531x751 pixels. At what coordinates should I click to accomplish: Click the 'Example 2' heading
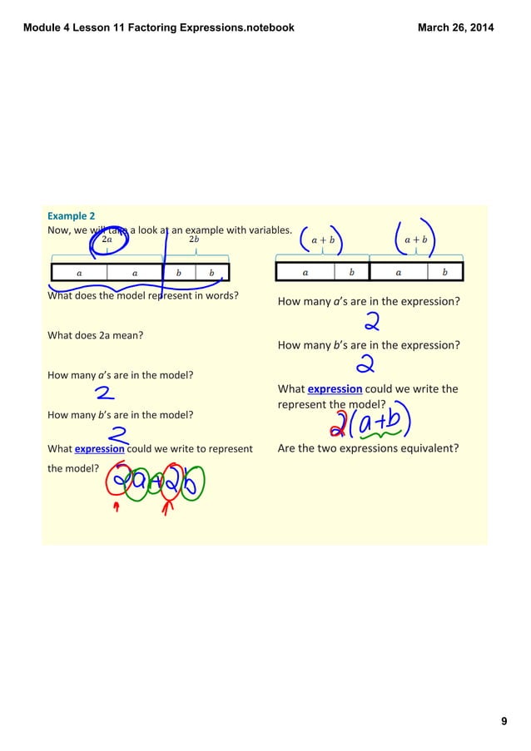(x=71, y=215)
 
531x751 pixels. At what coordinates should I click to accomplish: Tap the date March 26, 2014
(x=455, y=27)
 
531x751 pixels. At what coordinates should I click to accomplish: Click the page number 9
(x=504, y=720)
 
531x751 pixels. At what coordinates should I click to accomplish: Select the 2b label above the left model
(x=194, y=240)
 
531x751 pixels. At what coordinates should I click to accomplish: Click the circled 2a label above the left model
(x=107, y=240)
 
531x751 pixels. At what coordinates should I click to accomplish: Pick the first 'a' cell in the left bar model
(x=79, y=272)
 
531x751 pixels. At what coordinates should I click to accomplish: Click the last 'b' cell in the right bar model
(x=444, y=272)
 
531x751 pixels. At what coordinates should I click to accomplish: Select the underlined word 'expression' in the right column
(x=335, y=388)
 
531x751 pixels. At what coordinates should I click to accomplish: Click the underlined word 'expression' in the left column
(x=99, y=449)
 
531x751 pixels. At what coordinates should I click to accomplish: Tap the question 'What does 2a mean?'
(x=95, y=335)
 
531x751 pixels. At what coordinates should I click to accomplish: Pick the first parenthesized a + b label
(x=322, y=240)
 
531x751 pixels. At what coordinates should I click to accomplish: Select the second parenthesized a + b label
(x=415, y=240)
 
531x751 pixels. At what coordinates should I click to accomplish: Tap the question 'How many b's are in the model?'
(x=120, y=414)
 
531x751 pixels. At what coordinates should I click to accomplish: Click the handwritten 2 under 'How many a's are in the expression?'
(x=370, y=321)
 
